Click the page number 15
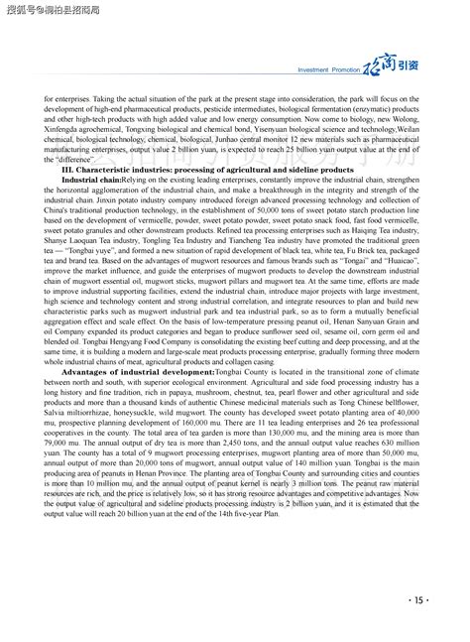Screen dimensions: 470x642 [417, 599]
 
